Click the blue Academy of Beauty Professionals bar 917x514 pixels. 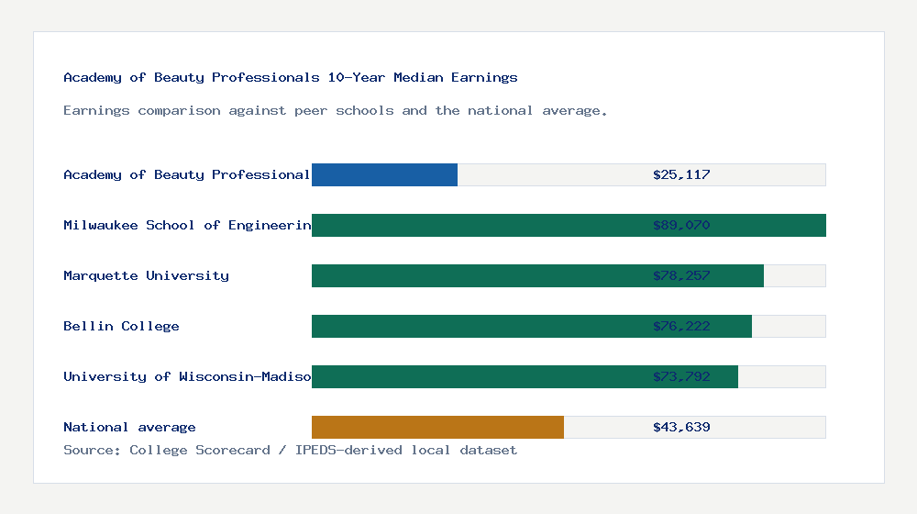384,174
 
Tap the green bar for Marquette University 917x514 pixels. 477,275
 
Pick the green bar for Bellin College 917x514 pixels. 477,326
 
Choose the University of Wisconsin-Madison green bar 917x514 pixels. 477,376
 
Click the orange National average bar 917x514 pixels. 437,427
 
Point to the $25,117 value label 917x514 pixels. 681,174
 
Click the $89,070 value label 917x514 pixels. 681,225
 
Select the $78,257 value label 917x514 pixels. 681,275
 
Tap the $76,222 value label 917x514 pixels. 681,326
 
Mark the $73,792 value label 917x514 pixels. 681,376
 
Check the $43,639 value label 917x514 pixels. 681,427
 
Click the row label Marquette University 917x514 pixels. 146,275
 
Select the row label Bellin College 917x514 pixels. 121,326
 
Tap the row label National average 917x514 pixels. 129,427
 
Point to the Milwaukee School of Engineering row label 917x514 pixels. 187,225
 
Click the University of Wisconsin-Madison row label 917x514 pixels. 187,376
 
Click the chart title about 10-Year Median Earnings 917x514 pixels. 291,77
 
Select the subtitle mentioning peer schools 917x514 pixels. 336,110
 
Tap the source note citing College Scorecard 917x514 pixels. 290,450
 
